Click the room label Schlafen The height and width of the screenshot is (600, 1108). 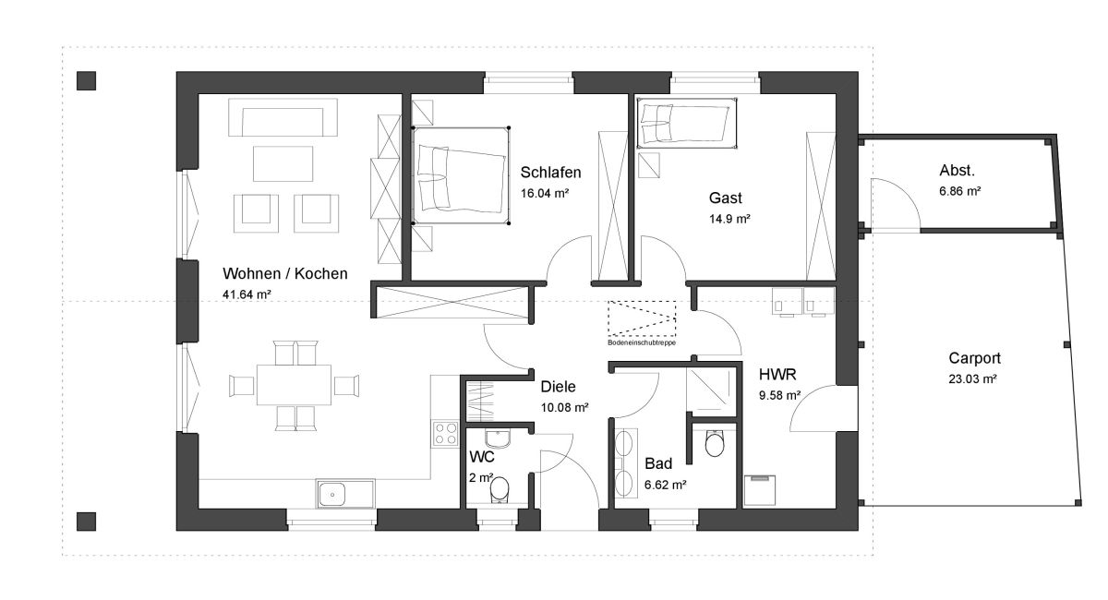550,173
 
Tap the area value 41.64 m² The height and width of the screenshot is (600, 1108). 247,294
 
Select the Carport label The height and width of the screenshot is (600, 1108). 974,358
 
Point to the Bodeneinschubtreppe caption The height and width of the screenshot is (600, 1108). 642,342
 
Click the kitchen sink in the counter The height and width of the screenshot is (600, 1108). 345,494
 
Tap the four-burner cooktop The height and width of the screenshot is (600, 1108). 445,434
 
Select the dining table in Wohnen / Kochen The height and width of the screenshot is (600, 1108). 294,385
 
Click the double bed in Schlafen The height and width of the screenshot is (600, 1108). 461,175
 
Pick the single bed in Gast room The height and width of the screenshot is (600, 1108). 687,123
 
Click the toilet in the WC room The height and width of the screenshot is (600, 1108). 500,490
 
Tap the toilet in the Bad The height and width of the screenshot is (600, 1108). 715,443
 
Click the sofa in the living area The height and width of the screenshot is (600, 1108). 283,117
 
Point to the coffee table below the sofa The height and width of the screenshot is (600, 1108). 283,163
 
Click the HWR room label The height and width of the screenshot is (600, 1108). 777,375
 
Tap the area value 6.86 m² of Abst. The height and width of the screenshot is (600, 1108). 959,191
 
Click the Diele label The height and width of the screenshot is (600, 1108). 558,387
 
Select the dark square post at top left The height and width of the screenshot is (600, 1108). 86,80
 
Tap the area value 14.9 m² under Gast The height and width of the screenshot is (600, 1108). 729,219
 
